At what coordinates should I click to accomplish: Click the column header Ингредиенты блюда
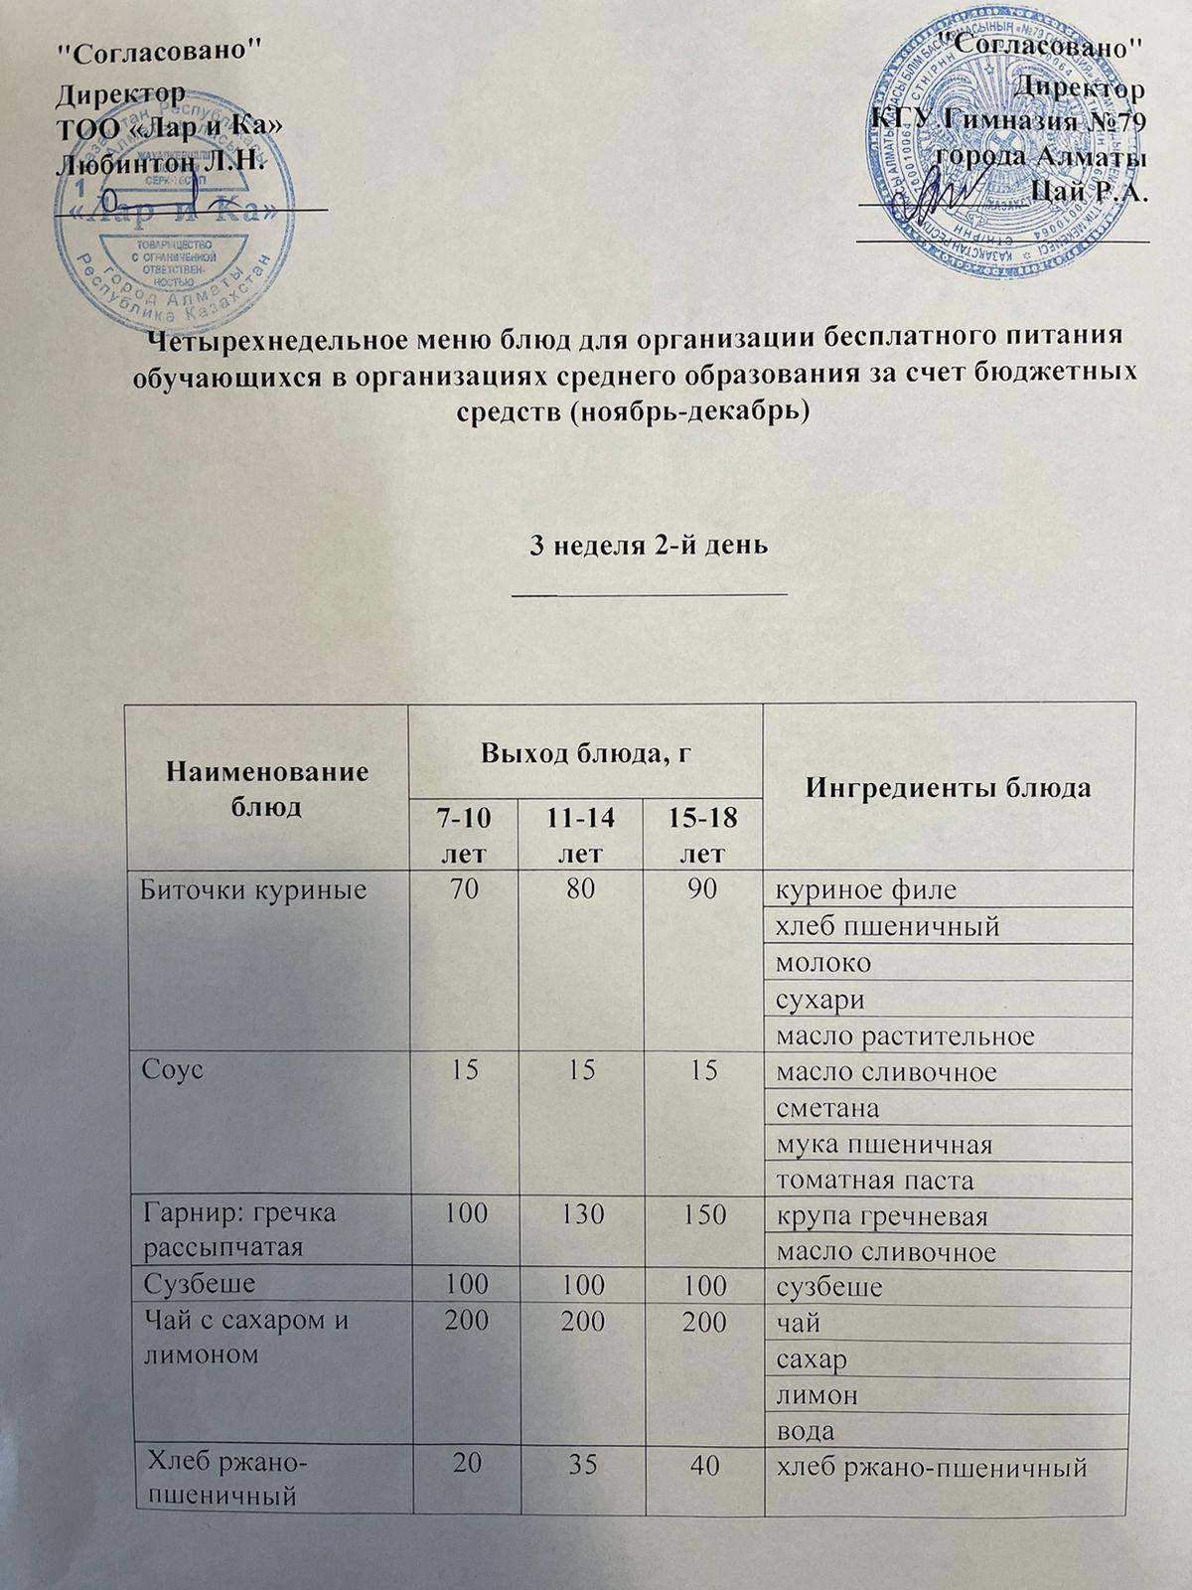949,788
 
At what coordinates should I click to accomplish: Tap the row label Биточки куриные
254,889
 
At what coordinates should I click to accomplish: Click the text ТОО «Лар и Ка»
170,126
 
